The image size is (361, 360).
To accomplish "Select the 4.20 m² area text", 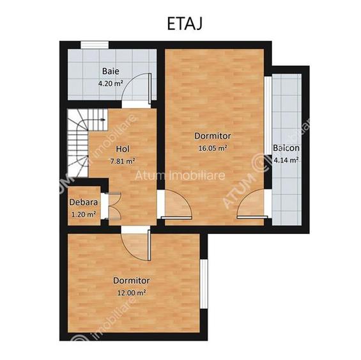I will (110, 83).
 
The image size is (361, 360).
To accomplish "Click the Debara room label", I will (83, 203).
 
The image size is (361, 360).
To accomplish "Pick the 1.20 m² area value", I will (83, 214).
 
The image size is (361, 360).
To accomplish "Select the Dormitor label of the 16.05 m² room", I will (213, 136).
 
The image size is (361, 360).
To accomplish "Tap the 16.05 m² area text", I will (213, 148).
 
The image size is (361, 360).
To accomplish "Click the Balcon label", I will (286, 148).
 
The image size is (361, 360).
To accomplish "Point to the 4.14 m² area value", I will (286, 160).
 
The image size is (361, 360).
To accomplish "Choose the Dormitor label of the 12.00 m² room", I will (132, 281).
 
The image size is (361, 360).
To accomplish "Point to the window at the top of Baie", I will (93, 44).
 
